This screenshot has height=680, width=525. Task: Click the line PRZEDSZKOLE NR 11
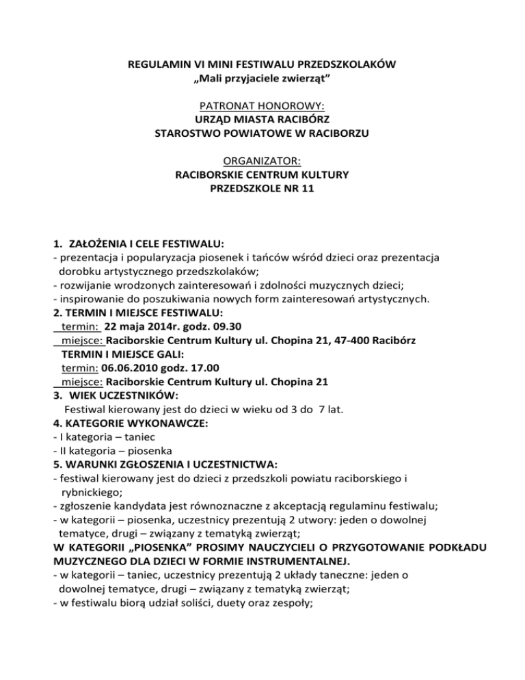point(262,189)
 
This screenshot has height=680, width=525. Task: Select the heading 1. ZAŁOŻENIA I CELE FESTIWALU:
point(139,244)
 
